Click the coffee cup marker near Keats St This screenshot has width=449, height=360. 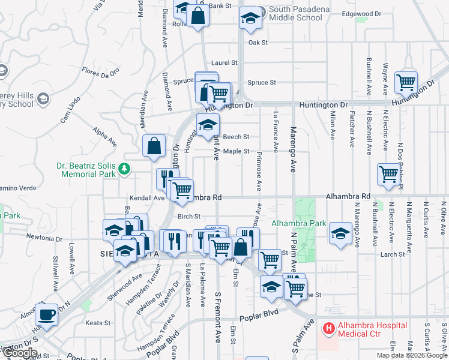(x=46, y=314)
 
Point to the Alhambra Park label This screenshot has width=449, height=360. (x=298, y=224)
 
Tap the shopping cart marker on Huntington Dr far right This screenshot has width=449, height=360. (x=406, y=81)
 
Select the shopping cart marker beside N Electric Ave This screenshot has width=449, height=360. (x=388, y=173)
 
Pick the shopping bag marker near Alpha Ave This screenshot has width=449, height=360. (x=154, y=145)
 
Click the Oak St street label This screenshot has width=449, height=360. (x=258, y=43)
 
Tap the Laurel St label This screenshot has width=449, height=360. (x=225, y=62)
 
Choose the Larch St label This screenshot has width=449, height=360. (x=393, y=254)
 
